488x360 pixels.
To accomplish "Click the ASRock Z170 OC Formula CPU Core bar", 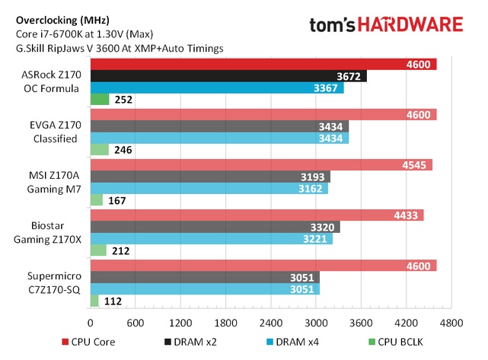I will (x=263, y=63).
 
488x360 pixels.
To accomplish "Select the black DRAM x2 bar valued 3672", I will (x=228, y=75).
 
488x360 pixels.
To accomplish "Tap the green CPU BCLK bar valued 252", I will (x=100, y=99).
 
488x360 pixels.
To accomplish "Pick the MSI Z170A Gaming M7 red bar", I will (x=261, y=164).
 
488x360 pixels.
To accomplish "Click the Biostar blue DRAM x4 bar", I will (x=211, y=238).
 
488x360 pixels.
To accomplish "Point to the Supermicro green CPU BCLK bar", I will (x=94, y=300).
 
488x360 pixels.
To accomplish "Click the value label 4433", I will (x=404, y=215).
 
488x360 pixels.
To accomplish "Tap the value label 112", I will (x=113, y=301).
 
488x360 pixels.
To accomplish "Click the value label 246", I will (x=123, y=150).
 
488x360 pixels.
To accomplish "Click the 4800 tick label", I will (x=451, y=321).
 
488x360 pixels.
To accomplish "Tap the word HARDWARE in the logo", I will (x=415, y=24).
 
